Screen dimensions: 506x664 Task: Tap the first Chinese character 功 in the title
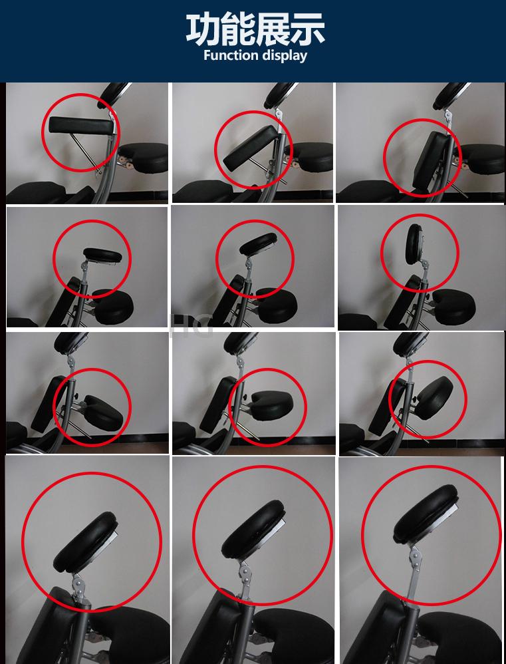pos(203,29)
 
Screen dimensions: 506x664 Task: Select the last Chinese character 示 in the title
pos(308,29)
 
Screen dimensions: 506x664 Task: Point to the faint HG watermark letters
pos(190,325)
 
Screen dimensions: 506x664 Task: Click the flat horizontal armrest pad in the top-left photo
pos(81,126)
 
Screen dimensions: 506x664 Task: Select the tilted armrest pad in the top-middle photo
pos(250,148)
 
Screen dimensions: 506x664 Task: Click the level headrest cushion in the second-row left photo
pos(102,255)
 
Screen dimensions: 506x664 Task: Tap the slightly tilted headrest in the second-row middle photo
pos(259,244)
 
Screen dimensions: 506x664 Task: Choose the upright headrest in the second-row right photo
pos(414,244)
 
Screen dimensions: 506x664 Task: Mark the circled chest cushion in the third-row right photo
pos(434,398)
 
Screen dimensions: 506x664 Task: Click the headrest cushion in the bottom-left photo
pos(86,542)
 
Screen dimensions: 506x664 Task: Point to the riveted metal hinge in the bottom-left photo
pos(79,587)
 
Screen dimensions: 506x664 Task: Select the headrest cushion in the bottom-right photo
pos(426,514)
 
